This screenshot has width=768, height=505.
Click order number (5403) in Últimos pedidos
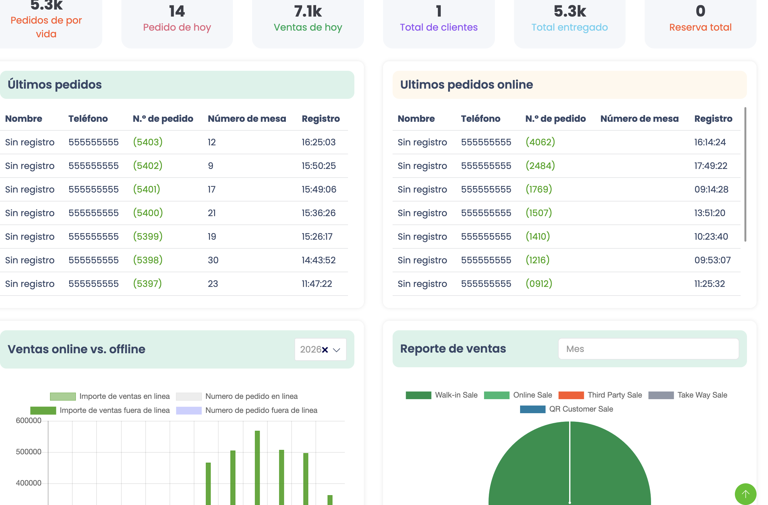(x=148, y=142)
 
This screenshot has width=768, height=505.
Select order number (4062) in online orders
(x=540, y=142)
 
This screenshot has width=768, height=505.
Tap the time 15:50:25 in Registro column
(x=318, y=166)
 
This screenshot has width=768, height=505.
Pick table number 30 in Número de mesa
(x=213, y=260)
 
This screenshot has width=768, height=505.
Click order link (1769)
(x=539, y=189)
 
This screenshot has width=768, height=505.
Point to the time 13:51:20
(x=710, y=213)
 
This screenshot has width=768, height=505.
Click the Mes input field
(x=648, y=349)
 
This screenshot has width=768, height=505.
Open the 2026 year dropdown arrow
(x=337, y=350)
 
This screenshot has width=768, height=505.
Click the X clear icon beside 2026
(x=325, y=350)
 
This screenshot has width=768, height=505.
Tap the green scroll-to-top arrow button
(x=745, y=494)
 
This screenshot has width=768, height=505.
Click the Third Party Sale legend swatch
(x=571, y=395)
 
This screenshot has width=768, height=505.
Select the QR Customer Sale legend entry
(x=566, y=409)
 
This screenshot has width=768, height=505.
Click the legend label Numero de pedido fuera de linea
(x=261, y=410)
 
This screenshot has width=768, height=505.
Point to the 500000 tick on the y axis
(x=28, y=452)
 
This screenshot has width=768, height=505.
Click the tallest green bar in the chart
(x=257, y=468)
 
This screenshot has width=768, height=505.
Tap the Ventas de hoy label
(x=308, y=27)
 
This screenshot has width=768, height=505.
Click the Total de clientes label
(x=438, y=27)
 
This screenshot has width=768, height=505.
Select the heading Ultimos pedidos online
(x=466, y=84)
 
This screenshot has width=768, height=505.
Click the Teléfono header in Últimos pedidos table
(x=88, y=119)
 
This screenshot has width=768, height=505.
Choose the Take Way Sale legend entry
(x=688, y=395)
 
